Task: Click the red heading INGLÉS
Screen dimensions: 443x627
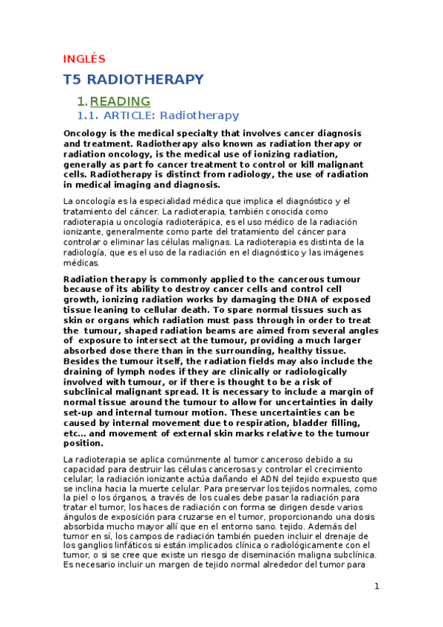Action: pos(84,58)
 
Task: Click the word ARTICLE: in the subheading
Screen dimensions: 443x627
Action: pos(129,115)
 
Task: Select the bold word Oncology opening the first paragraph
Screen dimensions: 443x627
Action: pos(85,133)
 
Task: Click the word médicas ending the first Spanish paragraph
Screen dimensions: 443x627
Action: pos(82,262)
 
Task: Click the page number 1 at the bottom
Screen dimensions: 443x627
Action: pos(376,586)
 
